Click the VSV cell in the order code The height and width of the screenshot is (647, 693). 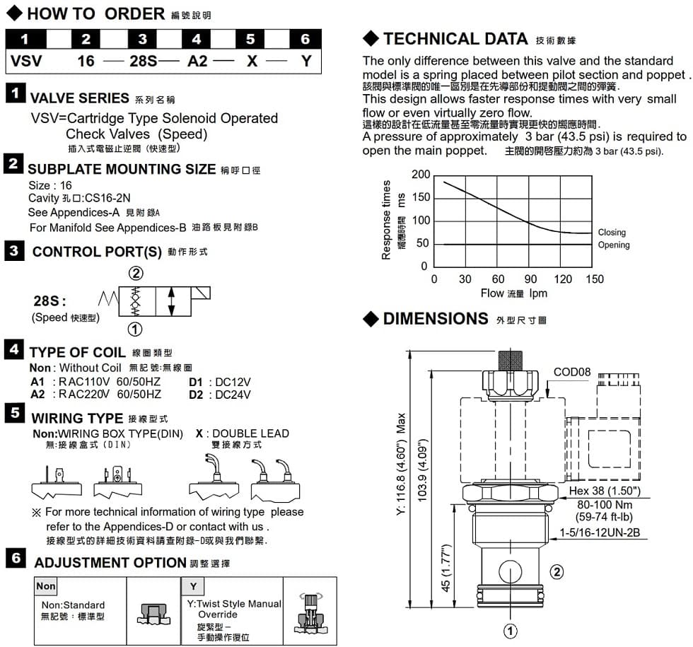click(26, 61)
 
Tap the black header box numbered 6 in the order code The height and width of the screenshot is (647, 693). click(305, 39)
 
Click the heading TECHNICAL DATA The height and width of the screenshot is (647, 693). click(455, 39)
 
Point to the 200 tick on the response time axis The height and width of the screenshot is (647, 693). click(420, 175)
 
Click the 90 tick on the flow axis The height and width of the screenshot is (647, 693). click(530, 279)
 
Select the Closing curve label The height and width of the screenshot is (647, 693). click(611, 233)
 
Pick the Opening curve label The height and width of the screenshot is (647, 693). click(613, 245)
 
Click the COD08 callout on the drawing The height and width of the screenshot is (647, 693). click(571, 372)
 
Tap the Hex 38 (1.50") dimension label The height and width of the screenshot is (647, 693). click(604, 491)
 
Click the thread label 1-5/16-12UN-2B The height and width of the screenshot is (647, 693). click(600, 532)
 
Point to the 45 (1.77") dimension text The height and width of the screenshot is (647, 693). click(446, 569)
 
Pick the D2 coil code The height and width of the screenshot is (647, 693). click(197, 395)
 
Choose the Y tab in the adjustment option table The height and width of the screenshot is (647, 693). click(192, 586)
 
